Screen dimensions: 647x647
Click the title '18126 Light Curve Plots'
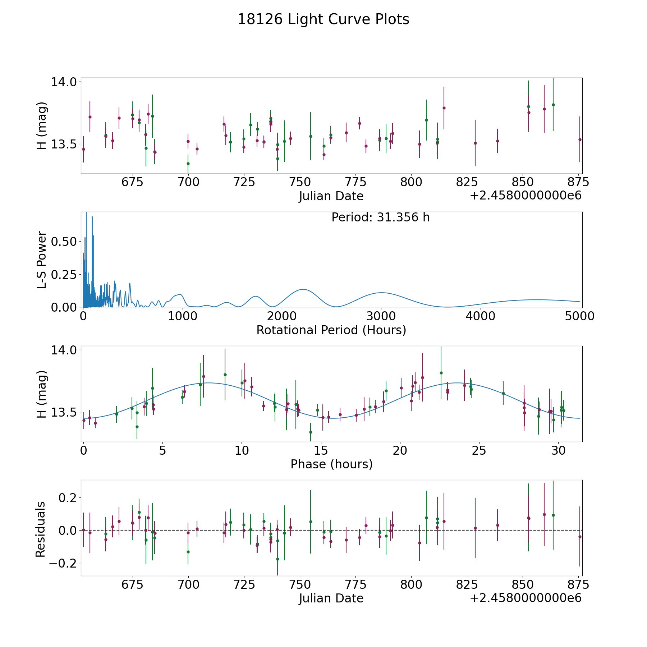point(323,19)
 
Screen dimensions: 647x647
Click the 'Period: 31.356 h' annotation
point(380,217)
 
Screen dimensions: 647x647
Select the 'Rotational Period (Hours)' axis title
point(331,330)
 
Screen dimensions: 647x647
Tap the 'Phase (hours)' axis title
point(331,464)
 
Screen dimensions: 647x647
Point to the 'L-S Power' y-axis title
point(42,260)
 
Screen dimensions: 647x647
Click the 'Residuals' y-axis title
point(41,529)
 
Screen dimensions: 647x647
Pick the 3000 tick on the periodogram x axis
point(381,316)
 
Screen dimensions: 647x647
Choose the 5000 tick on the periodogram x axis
point(580,316)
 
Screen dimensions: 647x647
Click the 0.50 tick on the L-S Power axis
point(64,242)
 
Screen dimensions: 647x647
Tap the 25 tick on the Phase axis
point(479,450)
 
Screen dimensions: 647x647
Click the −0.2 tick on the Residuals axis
point(60,563)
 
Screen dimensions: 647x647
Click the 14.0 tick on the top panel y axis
point(64,82)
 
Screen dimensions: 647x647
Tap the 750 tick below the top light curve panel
point(299,182)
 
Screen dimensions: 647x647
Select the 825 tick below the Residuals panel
point(467,585)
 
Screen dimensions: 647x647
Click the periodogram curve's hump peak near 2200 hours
point(303,289)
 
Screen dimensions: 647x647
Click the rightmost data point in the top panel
point(579,139)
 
